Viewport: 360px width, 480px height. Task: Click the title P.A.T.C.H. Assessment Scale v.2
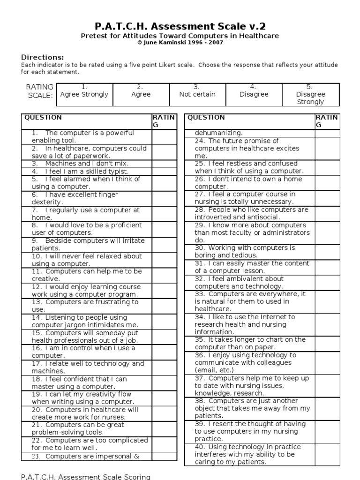[x=180, y=26]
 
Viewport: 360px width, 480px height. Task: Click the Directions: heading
[x=43, y=57]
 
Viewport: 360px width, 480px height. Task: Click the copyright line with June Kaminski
[x=180, y=43]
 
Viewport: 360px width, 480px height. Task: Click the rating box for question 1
[x=164, y=136]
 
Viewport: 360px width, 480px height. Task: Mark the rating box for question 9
[x=164, y=244]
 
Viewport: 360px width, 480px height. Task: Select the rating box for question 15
[x=164, y=337]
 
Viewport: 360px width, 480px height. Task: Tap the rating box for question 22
[x=164, y=444]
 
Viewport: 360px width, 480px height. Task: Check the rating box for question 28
[x=327, y=213]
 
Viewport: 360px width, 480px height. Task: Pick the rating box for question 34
[x=327, y=324]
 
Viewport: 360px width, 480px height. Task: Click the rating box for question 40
[x=327, y=454]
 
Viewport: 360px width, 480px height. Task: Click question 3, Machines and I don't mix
[x=80, y=164]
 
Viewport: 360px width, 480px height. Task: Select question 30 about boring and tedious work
[x=245, y=251]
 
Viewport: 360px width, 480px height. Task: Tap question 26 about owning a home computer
[x=248, y=182]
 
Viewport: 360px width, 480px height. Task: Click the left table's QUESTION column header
[x=43, y=118]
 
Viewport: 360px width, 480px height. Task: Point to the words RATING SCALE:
[x=40, y=91]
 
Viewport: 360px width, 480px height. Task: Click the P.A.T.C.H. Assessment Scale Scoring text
[x=86, y=477]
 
